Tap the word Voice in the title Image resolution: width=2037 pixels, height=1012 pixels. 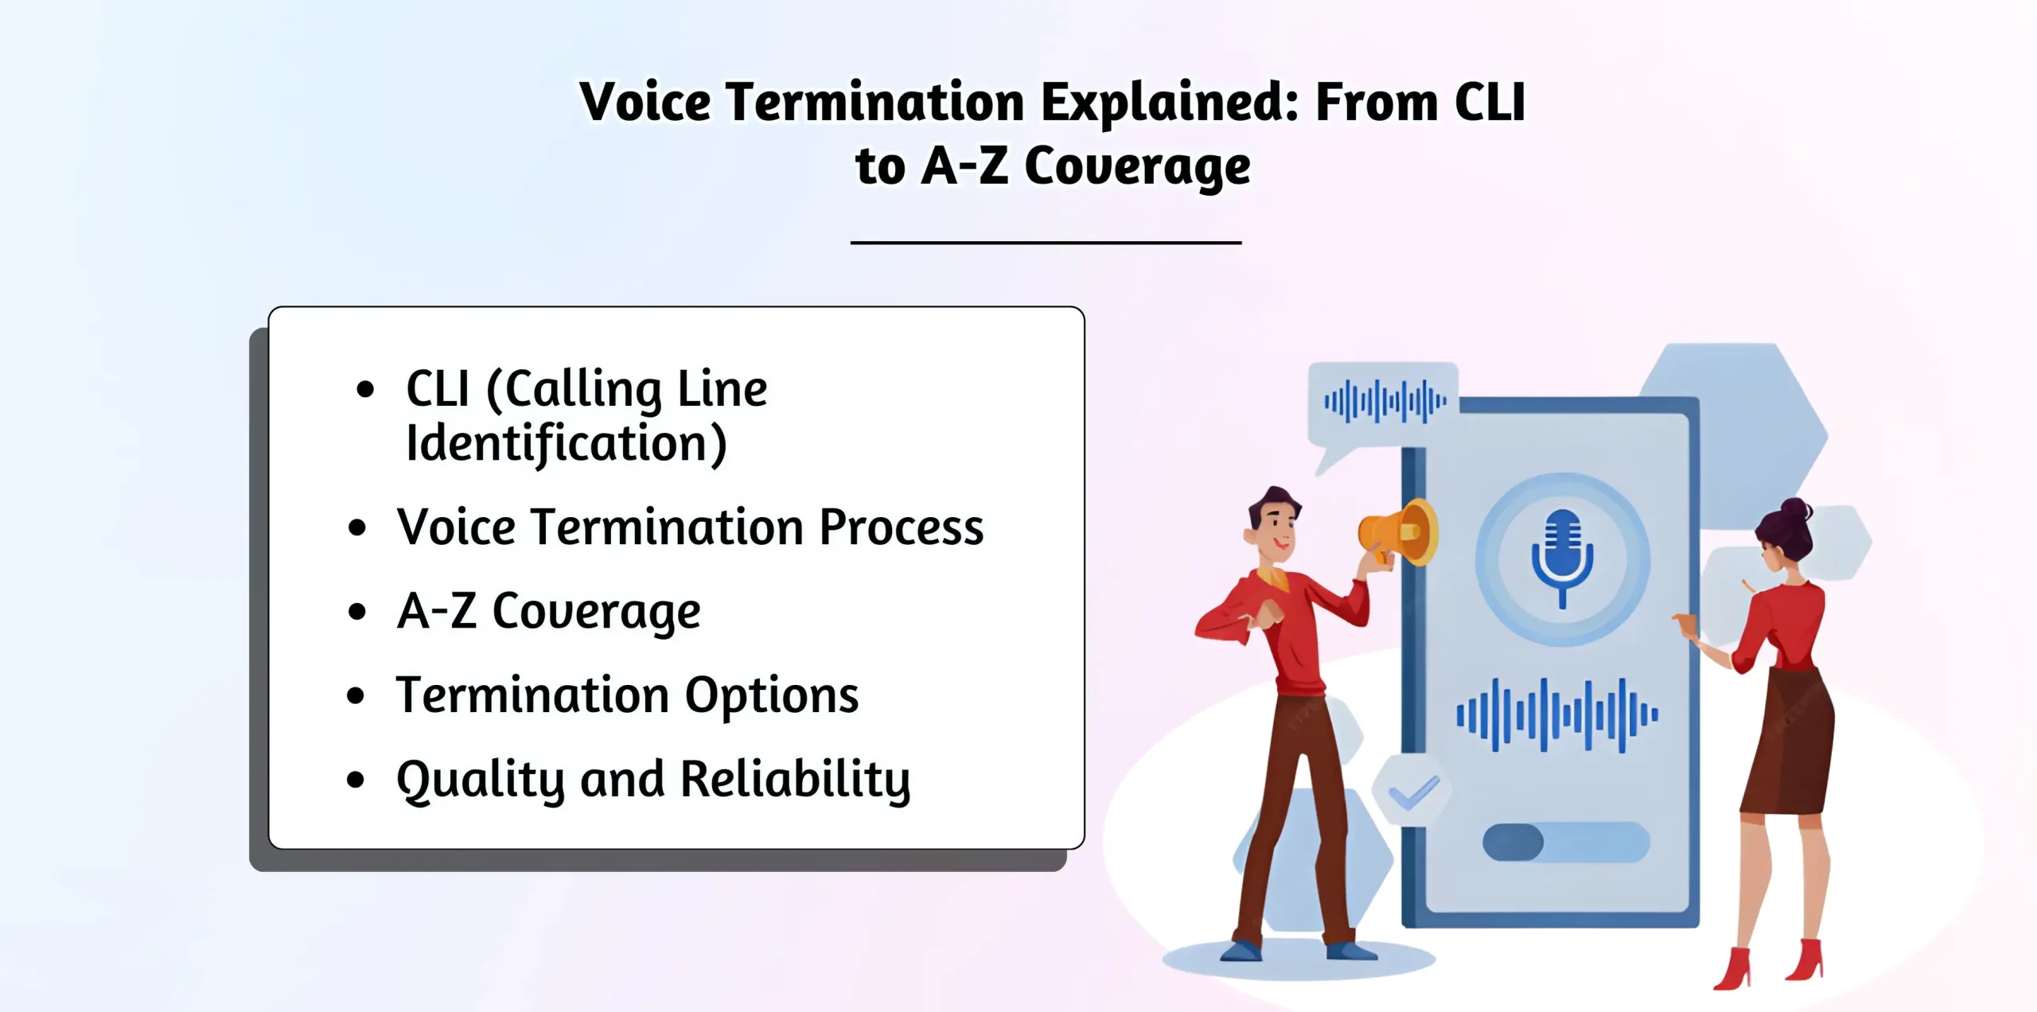[x=645, y=103]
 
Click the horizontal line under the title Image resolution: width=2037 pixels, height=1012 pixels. [x=1046, y=242]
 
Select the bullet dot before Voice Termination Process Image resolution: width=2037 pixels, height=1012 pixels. [x=357, y=527]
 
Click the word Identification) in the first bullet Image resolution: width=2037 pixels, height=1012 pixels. [x=566, y=444]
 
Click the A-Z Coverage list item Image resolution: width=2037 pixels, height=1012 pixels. [x=548, y=611]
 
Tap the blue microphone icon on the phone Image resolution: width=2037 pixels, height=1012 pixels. [x=1562, y=558]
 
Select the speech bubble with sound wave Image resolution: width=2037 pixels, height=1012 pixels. [x=1383, y=402]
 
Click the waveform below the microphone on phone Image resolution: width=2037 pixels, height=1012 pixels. [x=1556, y=714]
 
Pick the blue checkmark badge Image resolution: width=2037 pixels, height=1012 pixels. [x=1412, y=792]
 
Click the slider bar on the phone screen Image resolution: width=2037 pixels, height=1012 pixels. [x=1565, y=842]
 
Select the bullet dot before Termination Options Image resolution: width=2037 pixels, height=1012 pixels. [x=356, y=695]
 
